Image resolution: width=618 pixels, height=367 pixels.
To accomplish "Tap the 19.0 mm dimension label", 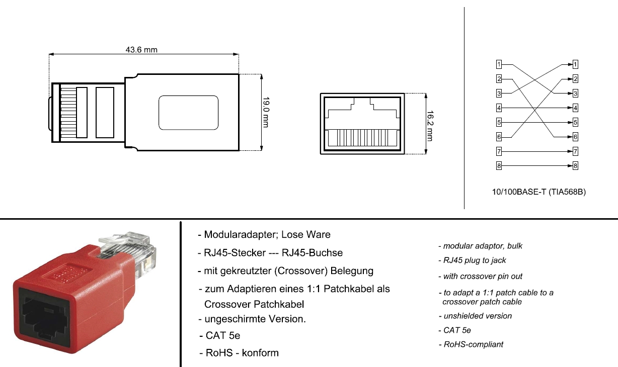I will (x=266, y=112).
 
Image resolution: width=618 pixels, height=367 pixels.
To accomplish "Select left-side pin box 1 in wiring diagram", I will (x=498, y=64).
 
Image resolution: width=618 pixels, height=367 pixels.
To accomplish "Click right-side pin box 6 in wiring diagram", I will (x=575, y=137).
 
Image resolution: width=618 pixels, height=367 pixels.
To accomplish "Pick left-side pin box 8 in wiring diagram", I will (x=498, y=166).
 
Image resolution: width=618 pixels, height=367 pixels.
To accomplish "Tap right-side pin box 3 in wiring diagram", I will (x=575, y=93).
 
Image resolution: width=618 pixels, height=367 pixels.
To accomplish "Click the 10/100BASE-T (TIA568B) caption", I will (x=538, y=192).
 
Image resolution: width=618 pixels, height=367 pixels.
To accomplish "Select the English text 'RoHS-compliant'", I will (x=473, y=344).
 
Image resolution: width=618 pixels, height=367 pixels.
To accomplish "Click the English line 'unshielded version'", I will (x=477, y=316).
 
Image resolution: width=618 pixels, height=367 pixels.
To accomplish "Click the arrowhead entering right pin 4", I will (x=569, y=108).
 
